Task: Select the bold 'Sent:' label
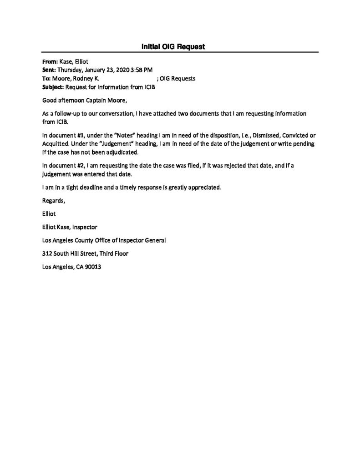click(49, 70)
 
